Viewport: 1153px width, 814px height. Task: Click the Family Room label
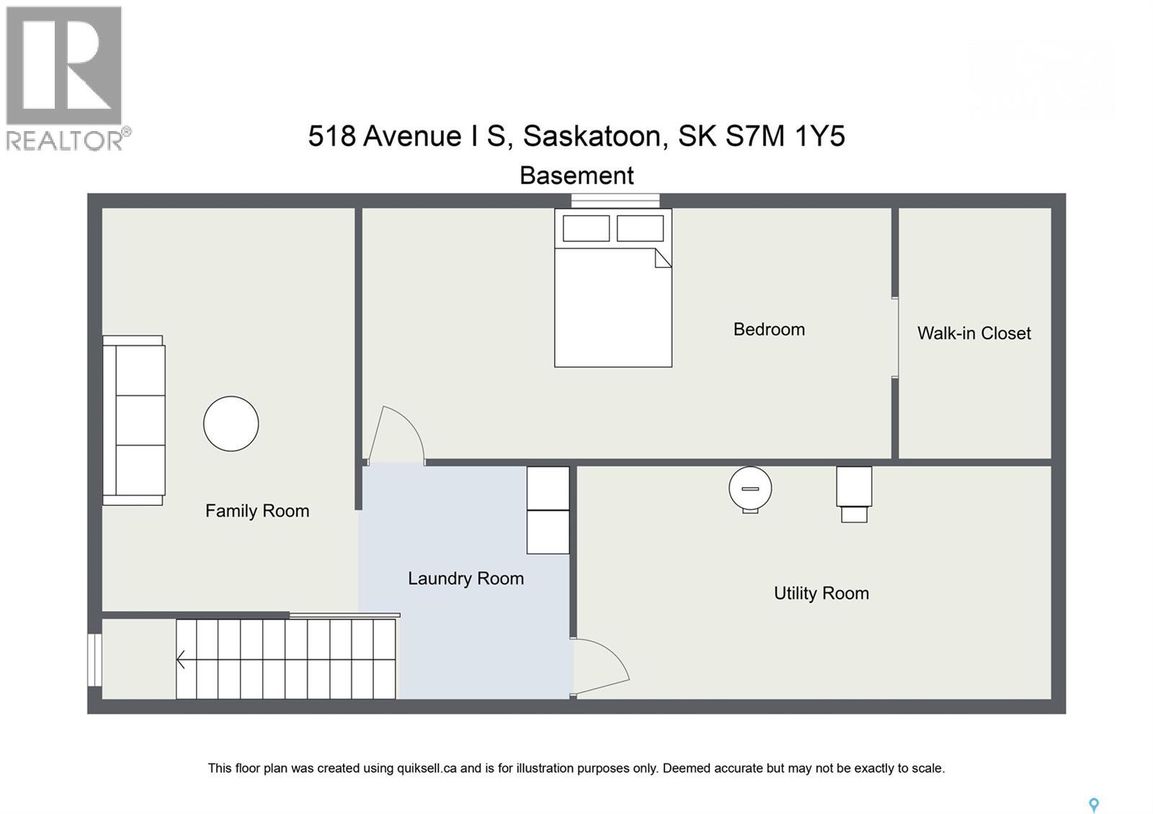tap(257, 511)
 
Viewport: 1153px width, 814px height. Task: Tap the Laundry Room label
tap(466, 578)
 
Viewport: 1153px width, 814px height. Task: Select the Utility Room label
tap(821, 593)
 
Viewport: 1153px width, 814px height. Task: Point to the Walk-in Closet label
tap(974, 333)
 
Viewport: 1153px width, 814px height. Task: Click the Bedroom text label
tap(769, 329)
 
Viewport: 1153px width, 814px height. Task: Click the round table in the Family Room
tap(231, 424)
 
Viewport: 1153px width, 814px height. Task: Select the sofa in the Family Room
tap(135, 420)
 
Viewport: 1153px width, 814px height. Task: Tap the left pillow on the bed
tap(586, 228)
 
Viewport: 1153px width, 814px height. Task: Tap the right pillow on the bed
tap(640, 228)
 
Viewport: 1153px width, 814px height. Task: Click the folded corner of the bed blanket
tap(662, 258)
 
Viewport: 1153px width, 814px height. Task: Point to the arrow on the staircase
tap(181, 659)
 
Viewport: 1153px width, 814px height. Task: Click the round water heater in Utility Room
tap(750, 489)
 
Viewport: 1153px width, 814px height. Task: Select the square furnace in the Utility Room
tap(854, 487)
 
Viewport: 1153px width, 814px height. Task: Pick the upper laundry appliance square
tap(548, 488)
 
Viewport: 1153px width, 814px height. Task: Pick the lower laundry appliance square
tap(548, 532)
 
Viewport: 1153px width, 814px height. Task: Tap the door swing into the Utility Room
tap(600, 667)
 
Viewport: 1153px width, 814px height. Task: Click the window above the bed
tap(615, 200)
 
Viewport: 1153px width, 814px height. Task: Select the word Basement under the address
tap(576, 175)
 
